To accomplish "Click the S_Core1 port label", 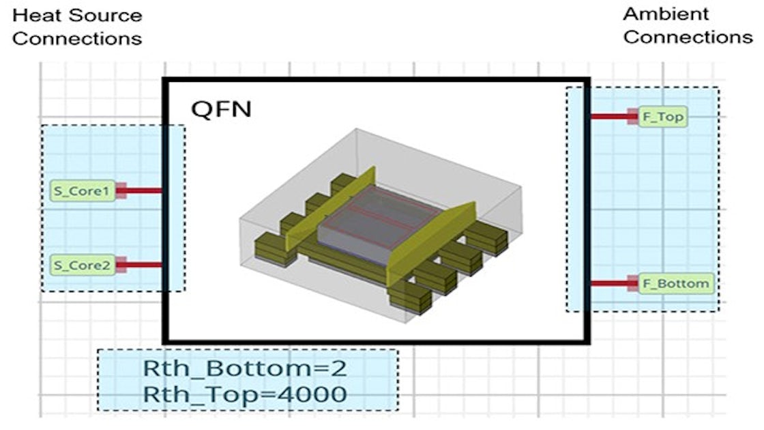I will coord(82,191).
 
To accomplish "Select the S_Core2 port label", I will coord(82,265).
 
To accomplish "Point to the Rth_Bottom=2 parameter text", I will coord(244,369).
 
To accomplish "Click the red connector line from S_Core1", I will coord(143,191).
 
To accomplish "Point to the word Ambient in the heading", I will coord(656,14).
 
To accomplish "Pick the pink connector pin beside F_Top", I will coord(633,117).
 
